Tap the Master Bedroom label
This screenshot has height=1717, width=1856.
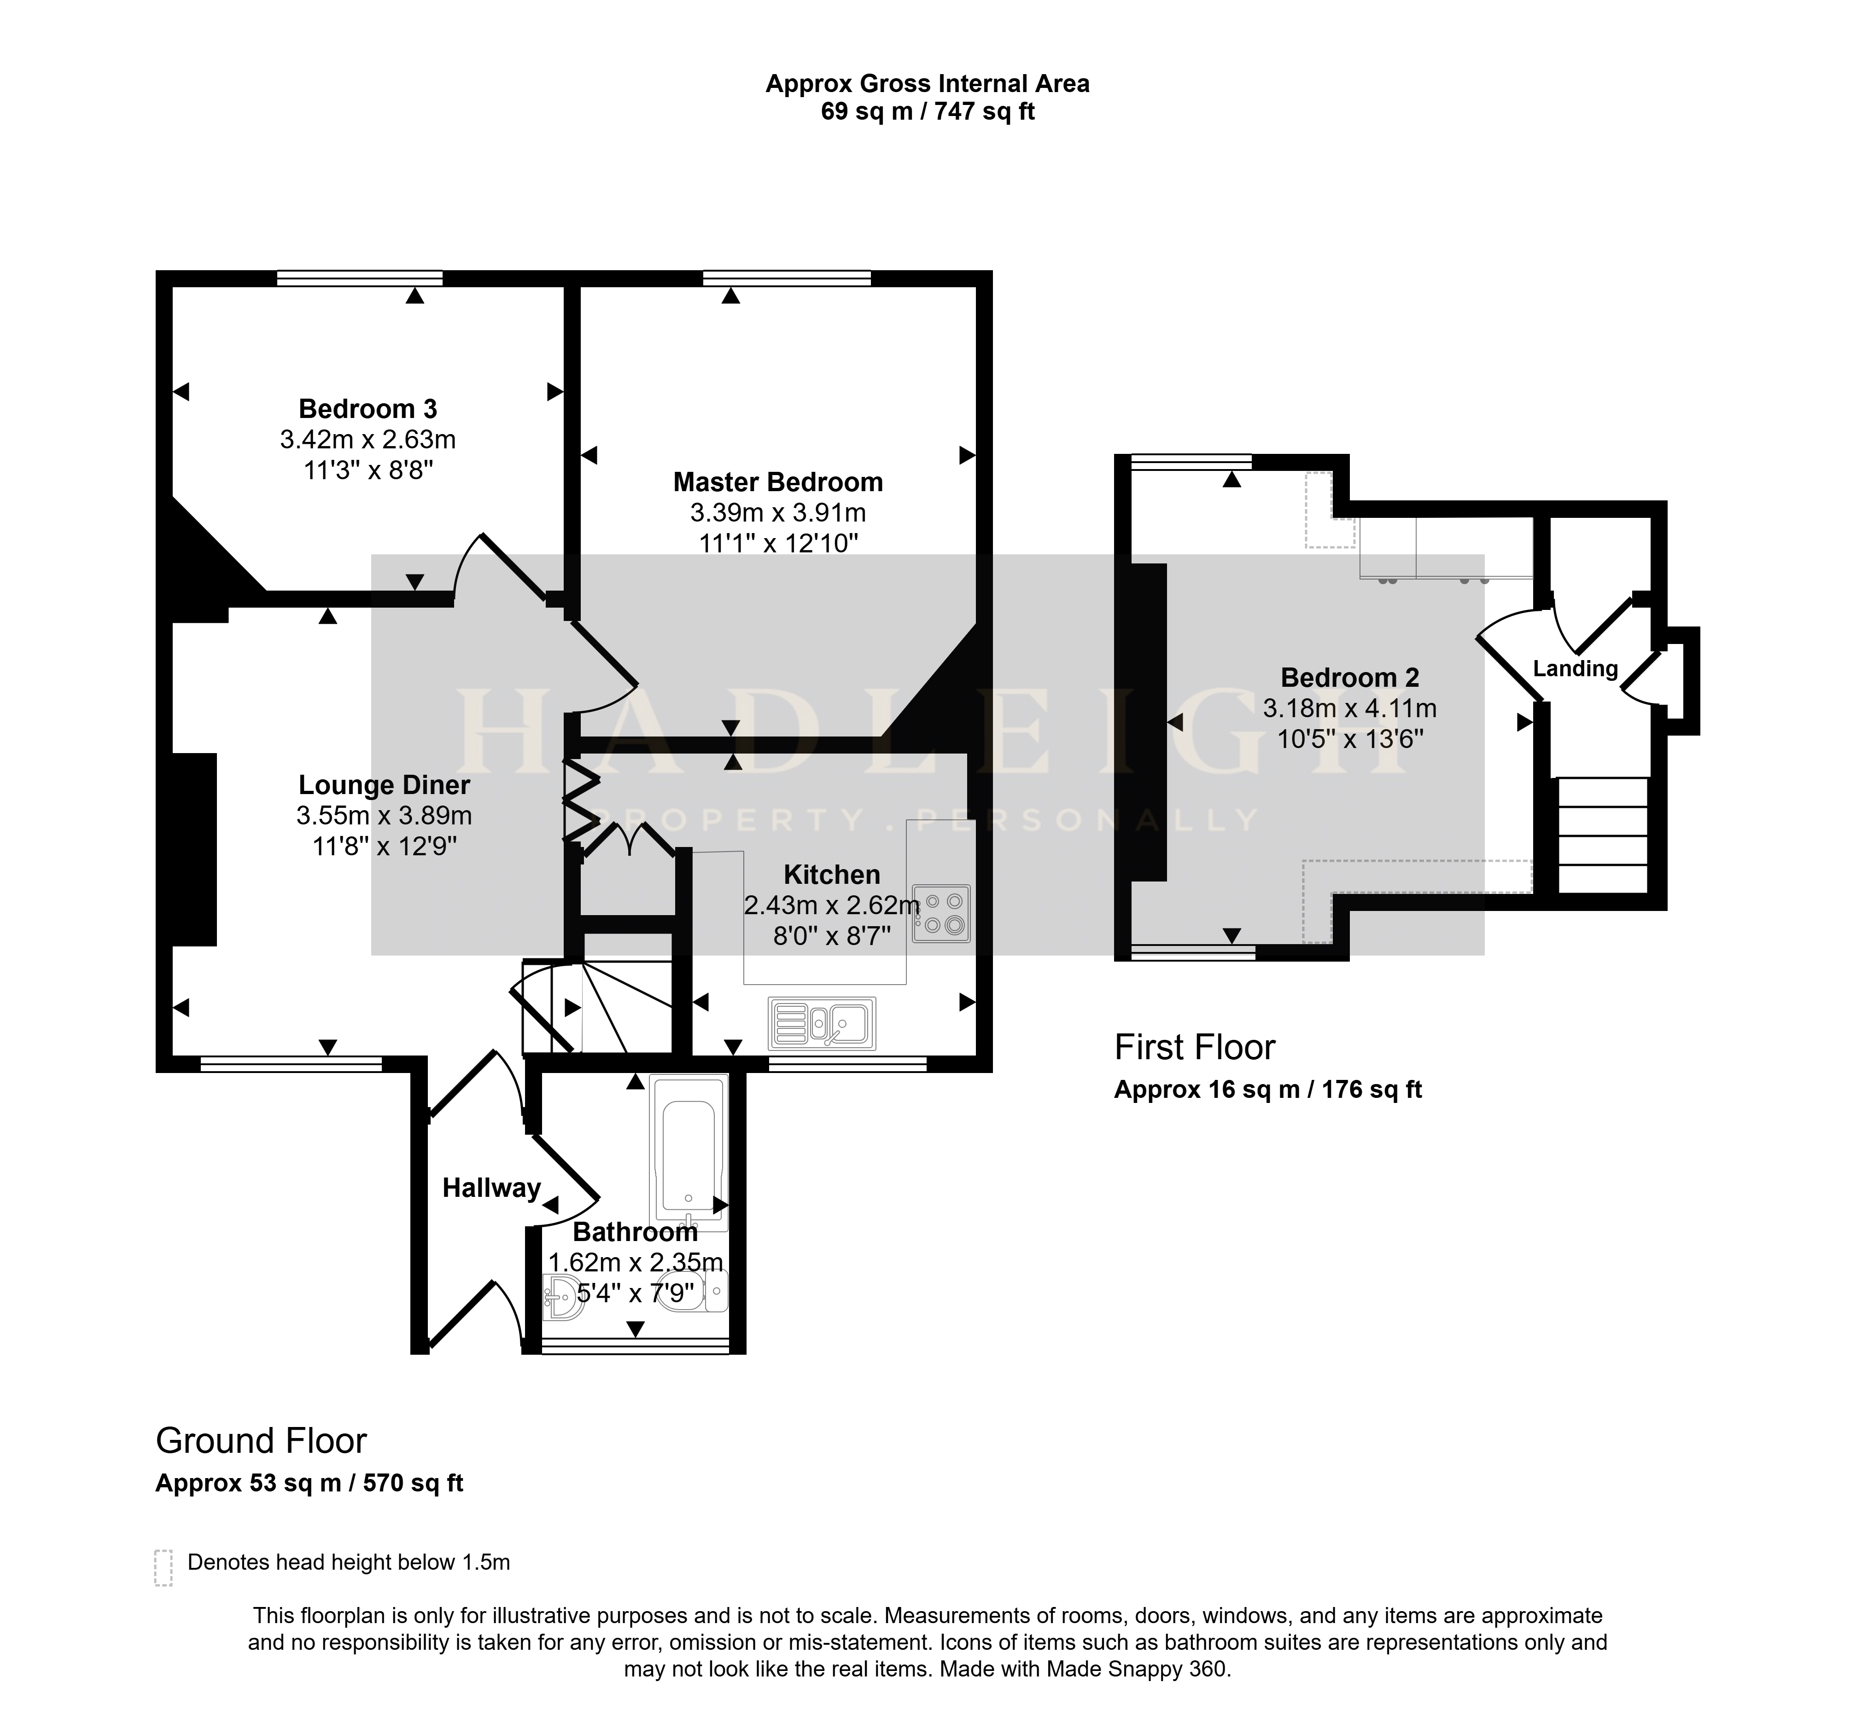(x=778, y=482)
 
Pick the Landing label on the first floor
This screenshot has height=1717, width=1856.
(x=1576, y=669)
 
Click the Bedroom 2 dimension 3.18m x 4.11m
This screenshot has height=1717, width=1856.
(x=1349, y=709)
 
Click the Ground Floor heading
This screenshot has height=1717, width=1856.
(x=261, y=1441)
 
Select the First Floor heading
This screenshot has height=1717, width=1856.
(x=1194, y=1048)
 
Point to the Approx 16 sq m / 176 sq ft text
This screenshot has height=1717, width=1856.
(x=1268, y=1090)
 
